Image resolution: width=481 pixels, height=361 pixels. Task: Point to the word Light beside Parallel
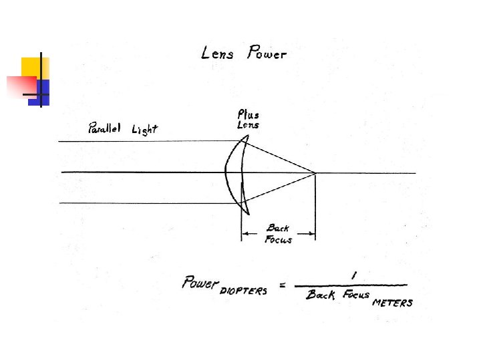144,130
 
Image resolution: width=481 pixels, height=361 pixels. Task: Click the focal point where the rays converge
315,173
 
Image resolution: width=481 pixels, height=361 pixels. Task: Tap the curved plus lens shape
234,174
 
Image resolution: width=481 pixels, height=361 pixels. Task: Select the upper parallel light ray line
147,141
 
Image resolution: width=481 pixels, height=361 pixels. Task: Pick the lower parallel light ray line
147,203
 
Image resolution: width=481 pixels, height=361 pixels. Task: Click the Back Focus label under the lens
279,233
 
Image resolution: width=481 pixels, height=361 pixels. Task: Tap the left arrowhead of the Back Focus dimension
245,233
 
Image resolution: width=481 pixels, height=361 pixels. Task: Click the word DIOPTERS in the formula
243,291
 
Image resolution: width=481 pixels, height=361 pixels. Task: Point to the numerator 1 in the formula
352,273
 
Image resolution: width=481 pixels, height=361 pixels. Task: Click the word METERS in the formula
392,302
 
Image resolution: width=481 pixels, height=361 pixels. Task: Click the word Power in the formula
200,282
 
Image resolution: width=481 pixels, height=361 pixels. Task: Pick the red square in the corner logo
21,86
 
